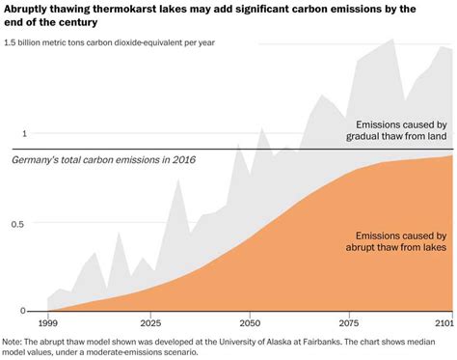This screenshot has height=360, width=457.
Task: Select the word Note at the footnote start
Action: pyautogui.click(x=13, y=341)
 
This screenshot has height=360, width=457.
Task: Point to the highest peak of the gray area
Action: pyautogui.click(x=391, y=40)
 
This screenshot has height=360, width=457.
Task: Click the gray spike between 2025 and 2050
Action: pyautogui.click(x=177, y=180)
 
